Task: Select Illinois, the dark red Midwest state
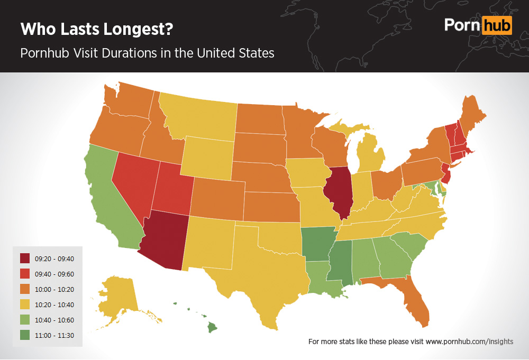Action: (x=341, y=193)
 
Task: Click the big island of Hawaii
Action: (x=212, y=328)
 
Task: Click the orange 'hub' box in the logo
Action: (x=497, y=25)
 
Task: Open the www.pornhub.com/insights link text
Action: (x=469, y=341)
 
